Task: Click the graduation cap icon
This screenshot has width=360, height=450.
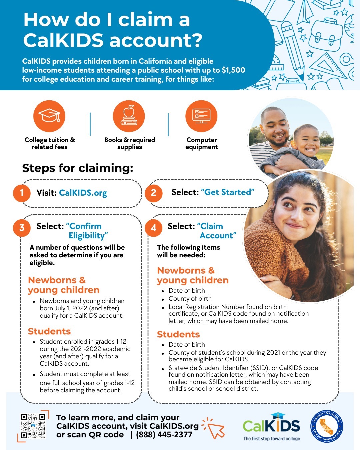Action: click(x=49, y=116)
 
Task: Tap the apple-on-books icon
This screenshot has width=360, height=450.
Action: click(x=129, y=116)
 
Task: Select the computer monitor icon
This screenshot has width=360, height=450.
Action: click(x=201, y=116)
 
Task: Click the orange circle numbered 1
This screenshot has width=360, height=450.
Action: click(x=22, y=193)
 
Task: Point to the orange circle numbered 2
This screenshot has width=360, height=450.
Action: click(x=154, y=193)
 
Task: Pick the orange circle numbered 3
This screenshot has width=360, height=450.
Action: click(x=22, y=228)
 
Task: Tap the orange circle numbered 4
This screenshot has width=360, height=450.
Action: click(x=154, y=228)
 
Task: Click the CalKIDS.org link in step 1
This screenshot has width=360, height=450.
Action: click(x=83, y=193)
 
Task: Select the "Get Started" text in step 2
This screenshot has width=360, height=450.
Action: click(x=228, y=192)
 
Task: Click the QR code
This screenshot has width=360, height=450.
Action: click(x=33, y=426)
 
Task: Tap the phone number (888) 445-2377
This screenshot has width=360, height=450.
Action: click(x=164, y=435)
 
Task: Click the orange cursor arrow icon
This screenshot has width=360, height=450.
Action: click(x=215, y=428)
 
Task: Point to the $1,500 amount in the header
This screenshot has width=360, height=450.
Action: click(x=233, y=70)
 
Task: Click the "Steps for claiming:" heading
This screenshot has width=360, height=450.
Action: click(x=77, y=168)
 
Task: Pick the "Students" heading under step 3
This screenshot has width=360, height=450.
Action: click(x=49, y=331)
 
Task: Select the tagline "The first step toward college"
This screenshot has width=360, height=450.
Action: click(x=271, y=439)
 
